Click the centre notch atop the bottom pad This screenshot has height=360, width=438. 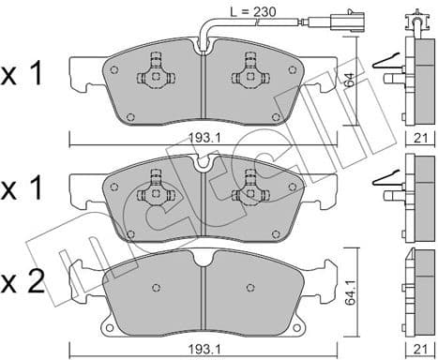click(203, 256)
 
